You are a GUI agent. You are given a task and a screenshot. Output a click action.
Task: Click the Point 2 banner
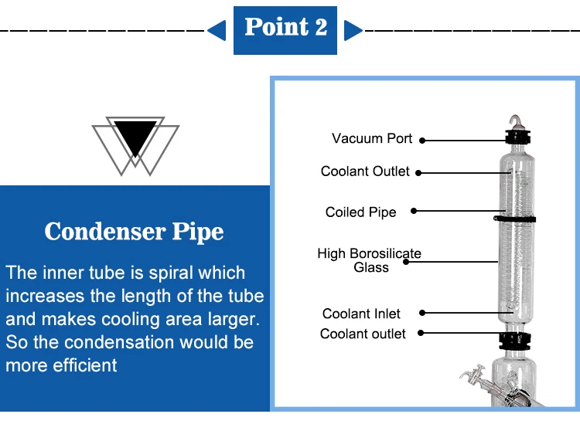point(285,30)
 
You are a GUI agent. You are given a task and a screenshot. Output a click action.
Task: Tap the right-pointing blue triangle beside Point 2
point(352,30)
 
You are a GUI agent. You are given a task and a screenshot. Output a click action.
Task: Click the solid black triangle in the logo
point(135,137)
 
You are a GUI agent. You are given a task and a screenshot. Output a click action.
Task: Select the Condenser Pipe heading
point(134,232)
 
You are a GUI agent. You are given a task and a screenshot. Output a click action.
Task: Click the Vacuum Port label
point(372,138)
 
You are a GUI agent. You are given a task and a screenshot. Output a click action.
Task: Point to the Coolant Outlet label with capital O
point(365,171)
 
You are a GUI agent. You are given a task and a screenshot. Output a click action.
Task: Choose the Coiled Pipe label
point(360,212)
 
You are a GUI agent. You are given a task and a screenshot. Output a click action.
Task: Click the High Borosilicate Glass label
point(369,260)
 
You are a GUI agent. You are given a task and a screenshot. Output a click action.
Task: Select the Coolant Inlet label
point(361,314)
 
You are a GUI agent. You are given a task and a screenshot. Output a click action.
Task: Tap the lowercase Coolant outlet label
point(363,334)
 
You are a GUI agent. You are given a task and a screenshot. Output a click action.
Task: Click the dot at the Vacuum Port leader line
point(422,141)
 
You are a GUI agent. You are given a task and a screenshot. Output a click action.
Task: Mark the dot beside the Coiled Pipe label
point(414,211)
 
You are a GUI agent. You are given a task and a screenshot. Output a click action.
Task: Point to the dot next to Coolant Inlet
point(422,313)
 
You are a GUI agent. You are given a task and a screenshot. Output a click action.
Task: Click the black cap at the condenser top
point(518,137)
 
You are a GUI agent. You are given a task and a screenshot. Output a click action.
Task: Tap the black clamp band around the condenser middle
point(514,219)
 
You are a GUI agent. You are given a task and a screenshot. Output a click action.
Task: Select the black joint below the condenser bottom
point(514,341)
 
